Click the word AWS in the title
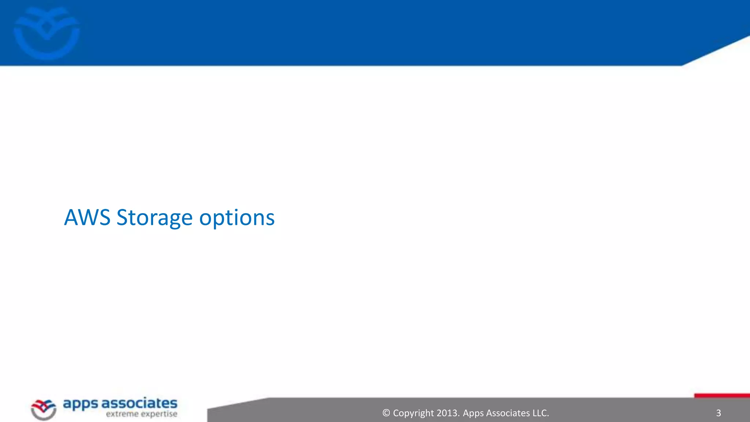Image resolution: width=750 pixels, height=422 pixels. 87,218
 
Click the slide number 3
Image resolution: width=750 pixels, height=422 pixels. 718,413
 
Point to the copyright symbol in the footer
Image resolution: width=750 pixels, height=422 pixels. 386,413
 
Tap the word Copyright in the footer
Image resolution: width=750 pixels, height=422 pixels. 413,413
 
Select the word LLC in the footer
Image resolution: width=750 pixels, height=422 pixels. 540,413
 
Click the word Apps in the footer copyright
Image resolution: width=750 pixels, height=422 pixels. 473,413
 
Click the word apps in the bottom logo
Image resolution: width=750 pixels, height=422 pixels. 81,404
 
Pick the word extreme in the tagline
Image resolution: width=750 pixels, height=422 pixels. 122,414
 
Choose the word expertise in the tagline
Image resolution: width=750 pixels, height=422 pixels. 159,414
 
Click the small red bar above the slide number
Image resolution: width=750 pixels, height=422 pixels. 721,395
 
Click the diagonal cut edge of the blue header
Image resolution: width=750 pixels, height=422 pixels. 716,51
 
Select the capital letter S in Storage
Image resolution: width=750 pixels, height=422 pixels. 122,218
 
